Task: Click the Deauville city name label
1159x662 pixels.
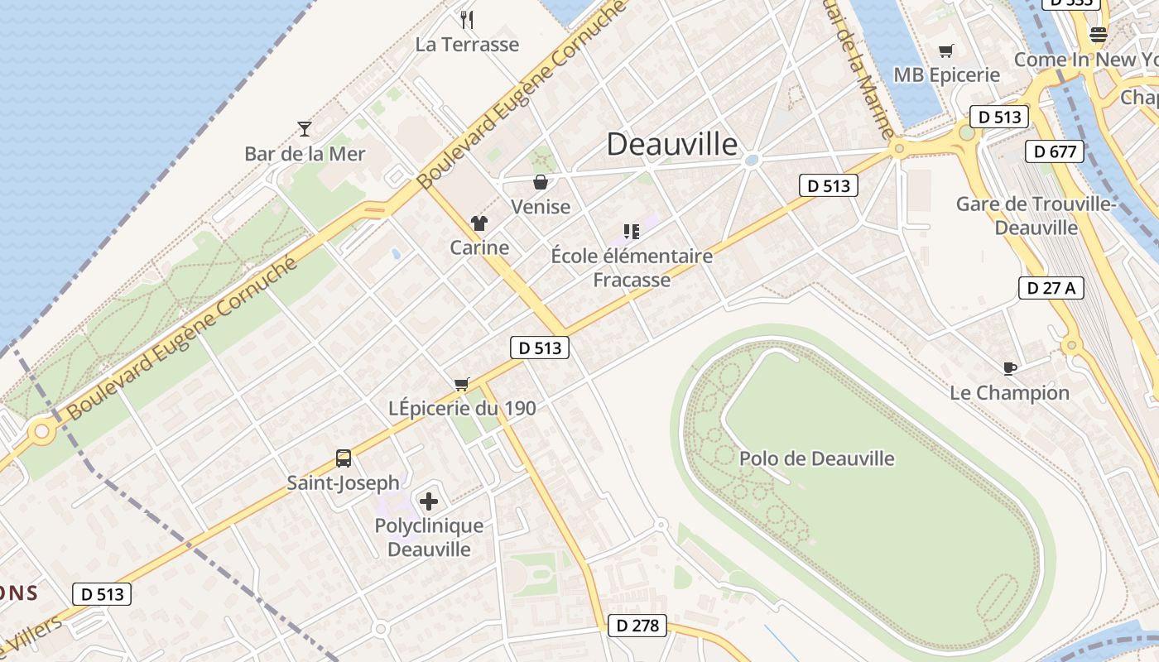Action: click(672, 144)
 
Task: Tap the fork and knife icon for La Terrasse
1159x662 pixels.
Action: click(467, 19)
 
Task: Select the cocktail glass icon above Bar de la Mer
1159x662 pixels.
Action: click(305, 128)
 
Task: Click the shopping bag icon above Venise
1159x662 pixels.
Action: click(541, 182)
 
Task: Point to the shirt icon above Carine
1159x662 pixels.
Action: click(479, 223)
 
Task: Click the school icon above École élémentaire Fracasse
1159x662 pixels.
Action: click(632, 232)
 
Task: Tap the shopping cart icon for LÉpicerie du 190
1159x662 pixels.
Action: click(462, 383)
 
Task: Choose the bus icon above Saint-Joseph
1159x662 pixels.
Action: click(343, 458)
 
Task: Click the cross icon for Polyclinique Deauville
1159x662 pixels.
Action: click(429, 501)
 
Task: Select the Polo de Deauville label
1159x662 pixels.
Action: click(816, 458)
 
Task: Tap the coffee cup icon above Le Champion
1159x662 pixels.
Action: click(1009, 368)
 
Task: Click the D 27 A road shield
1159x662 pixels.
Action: click(1051, 288)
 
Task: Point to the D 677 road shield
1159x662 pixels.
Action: click(1055, 151)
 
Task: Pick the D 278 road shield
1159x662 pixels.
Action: click(637, 626)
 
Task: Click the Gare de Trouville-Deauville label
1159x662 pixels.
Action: click(1036, 215)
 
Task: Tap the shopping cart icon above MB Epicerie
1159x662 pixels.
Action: click(946, 50)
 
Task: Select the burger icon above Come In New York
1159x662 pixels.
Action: click(1099, 35)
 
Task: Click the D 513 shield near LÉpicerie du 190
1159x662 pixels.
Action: click(540, 348)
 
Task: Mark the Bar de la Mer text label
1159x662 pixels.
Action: click(305, 154)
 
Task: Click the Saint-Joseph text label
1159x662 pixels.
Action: click(343, 482)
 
